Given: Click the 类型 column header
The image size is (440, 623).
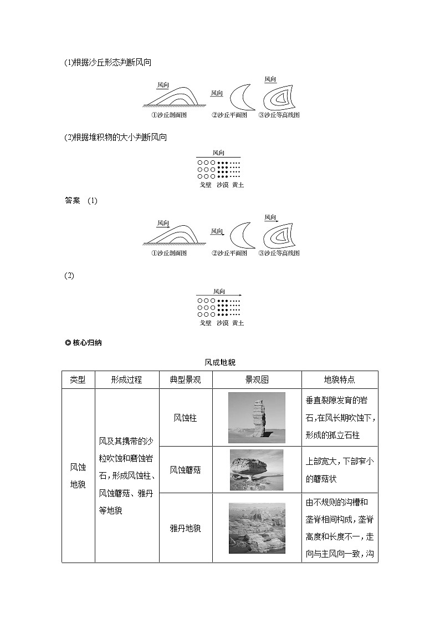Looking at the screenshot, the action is [x=78, y=380].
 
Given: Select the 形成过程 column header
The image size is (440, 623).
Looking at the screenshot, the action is [x=126, y=380].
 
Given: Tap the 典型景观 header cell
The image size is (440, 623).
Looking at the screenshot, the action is [x=185, y=380].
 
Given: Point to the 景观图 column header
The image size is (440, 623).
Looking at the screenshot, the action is [x=257, y=380].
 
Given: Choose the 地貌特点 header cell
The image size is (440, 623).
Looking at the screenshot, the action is [x=339, y=380].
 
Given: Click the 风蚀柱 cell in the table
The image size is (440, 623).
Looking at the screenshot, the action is [x=185, y=418].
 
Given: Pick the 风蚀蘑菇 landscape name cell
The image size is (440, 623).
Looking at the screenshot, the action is [x=185, y=470].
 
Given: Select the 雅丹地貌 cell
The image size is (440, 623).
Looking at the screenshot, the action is [x=185, y=528].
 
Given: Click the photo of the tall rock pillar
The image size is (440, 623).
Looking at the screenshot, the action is [x=257, y=418].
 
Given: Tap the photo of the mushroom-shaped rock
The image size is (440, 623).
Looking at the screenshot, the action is [x=257, y=470].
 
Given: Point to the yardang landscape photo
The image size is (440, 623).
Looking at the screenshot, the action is [x=257, y=528].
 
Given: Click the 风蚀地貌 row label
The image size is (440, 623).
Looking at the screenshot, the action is [x=78, y=475].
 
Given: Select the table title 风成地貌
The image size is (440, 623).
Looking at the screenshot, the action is [x=220, y=362].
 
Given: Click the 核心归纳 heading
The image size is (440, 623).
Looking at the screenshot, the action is [x=87, y=342].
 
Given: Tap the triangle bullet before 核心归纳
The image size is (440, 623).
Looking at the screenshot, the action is [x=68, y=342].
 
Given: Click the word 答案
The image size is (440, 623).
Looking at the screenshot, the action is [x=73, y=201].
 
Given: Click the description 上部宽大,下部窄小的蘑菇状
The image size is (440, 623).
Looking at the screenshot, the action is [x=339, y=470].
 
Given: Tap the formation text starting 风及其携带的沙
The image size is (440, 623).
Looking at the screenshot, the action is [x=126, y=475].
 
